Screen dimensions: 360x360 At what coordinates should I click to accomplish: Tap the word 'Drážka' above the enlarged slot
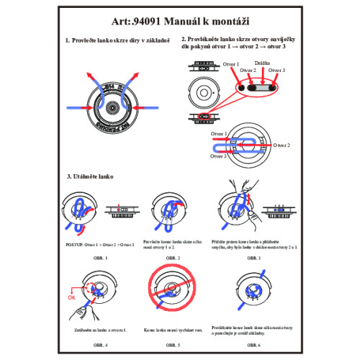tap(263, 63)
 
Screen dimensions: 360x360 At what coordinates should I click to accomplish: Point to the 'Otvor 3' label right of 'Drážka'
tap(276, 71)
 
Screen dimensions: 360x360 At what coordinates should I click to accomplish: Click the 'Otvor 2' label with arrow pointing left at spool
tap(280, 145)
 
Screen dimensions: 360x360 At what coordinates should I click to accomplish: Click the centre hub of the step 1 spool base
tap(112, 107)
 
